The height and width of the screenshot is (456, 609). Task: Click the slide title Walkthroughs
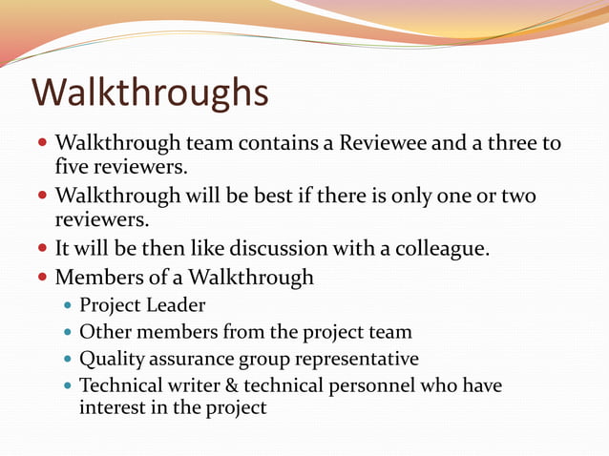(150, 93)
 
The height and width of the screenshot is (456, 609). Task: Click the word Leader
(176, 305)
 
